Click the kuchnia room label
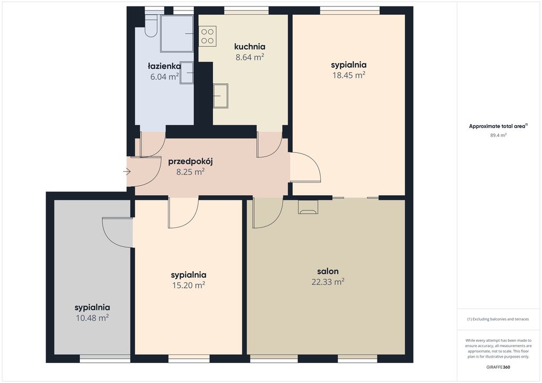tap(250, 47)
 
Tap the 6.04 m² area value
tap(165, 77)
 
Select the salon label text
tap(328, 271)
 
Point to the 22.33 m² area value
tap(328, 282)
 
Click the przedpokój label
tap(191, 162)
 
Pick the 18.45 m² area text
tap(349, 75)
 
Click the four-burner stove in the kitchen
tap(207, 37)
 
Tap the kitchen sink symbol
tap(221, 96)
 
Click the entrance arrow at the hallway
tap(127, 171)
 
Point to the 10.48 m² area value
tap(92, 318)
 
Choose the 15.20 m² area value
tap(188, 285)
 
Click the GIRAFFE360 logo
tap(498, 367)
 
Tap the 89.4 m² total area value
tap(498, 135)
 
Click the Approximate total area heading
tap(498, 126)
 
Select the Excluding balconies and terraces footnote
tap(498, 319)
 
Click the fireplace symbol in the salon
tap(308, 207)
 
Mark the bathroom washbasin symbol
tap(187, 72)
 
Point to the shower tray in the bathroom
tap(177, 33)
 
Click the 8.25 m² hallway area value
tap(191, 171)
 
